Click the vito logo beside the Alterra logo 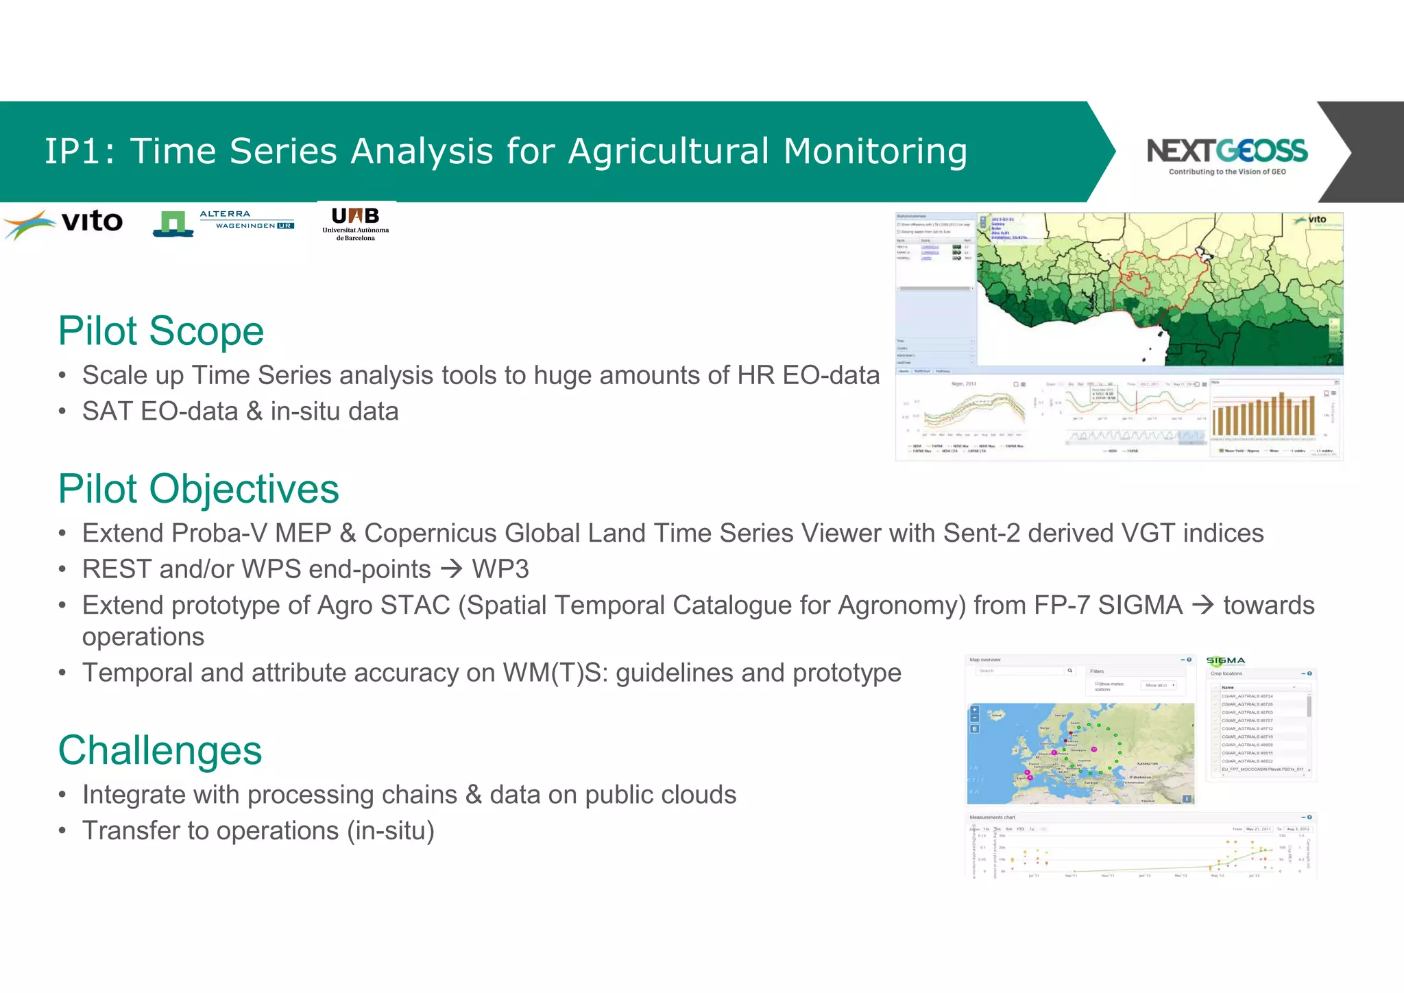pyautogui.click(x=65, y=223)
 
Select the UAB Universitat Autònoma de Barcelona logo pyautogui.click(x=355, y=222)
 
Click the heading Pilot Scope pyautogui.click(x=160, y=331)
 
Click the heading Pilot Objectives pyautogui.click(x=198, y=489)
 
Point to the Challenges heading pyautogui.click(x=160, y=750)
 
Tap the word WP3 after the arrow pyautogui.click(x=500, y=569)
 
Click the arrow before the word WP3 pyautogui.click(x=451, y=569)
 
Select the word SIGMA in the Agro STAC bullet pyautogui.click(x=1140, y=606)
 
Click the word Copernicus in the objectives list pyautogui.click(x=429, y=534)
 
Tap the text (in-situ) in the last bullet pyautogui.click(x=390, y=830)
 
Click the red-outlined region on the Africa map pyautogui.click(x=1159, y=281)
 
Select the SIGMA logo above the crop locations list pyautogui.click(x=1225, y=660)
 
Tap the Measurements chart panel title pyautogui.click(x=992, y=817)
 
